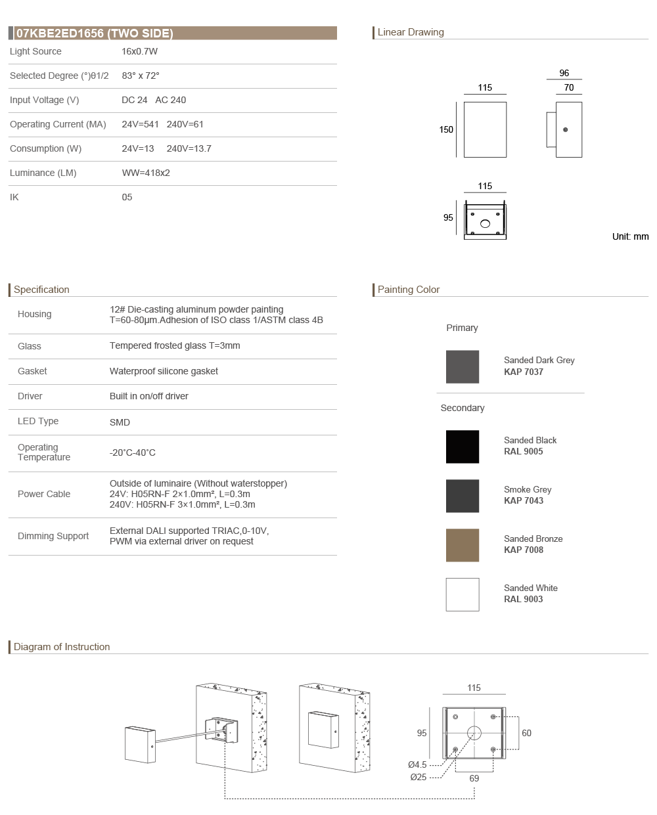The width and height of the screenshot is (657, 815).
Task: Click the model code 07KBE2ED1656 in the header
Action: pos(60,33)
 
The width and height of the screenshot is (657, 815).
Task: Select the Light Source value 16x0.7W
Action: pos(139,51)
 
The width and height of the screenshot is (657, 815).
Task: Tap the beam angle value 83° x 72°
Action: pos(141,76)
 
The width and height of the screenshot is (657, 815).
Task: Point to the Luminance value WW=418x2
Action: pos(146,173)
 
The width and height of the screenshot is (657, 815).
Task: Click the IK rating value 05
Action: pos(127,197)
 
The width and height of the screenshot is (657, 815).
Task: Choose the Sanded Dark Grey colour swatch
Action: pos(463,366)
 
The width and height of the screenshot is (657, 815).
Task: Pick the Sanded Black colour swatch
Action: pos(463,447)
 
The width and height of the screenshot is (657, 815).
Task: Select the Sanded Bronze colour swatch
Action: pos(463,545)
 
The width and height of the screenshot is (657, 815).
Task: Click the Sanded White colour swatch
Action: pos(463,594)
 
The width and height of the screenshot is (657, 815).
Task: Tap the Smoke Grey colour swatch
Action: pos(463,496)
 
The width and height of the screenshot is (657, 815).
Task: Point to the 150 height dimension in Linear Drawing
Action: pos(446,129)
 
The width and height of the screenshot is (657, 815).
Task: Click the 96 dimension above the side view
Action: pos(564,73)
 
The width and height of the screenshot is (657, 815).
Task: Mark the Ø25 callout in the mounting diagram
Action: pos(419,777)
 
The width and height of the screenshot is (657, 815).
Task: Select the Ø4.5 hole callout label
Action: pos(417,764)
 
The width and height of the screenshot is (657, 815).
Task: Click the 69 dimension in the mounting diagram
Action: pos(474,778)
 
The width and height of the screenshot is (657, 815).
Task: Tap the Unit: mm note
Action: pos(630,236)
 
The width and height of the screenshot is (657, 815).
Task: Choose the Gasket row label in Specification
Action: pos(32,371)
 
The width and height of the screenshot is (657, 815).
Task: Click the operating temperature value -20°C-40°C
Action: pos(133,452)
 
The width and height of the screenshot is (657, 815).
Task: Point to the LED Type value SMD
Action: pos(120,422)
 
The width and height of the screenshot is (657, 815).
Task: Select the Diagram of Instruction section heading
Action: pos(62,647)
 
